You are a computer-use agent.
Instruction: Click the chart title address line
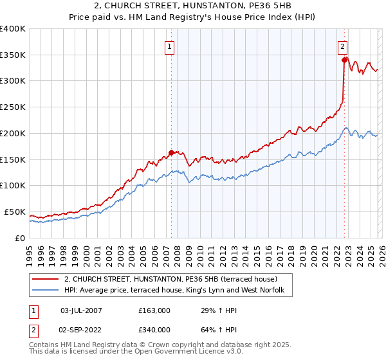[x=193, y=6]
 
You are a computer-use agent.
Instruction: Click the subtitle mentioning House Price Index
[x=193, y=17]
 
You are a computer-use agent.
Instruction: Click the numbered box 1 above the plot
[x=169, y=46]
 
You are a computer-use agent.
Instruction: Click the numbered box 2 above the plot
[x=343, y=46]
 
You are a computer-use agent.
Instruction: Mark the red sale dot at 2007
[x=171, y=153]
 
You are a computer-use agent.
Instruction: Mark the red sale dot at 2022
[x=344, y=60]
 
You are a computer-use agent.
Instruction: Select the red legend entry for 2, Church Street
[x=170, y=279]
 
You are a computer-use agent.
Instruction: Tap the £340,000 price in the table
[x=154, y=329]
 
